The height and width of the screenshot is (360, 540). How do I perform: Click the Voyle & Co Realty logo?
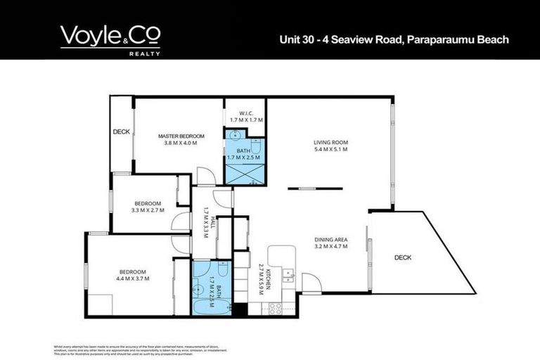pos(110,39)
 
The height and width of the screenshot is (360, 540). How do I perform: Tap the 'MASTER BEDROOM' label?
pos(181,136)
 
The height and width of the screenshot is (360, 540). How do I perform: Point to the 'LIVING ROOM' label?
pos(330,143)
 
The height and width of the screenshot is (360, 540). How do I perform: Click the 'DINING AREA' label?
pos(330,240)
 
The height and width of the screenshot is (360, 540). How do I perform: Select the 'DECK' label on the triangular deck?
pos(403,257)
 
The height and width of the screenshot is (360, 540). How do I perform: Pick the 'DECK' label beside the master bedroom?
pos(120,131)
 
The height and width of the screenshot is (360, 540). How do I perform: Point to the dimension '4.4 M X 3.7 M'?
pos(132,279)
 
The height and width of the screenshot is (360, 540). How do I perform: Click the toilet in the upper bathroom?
pos(257,147)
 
